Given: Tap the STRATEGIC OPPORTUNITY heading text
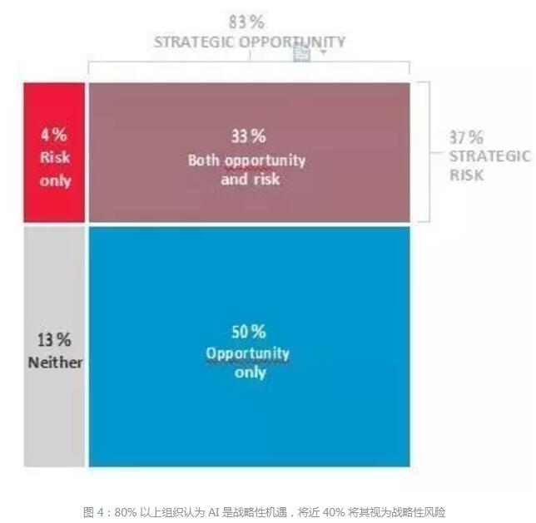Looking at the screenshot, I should click(x=249, y=42).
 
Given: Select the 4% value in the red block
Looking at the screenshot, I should click(x=54, y=134).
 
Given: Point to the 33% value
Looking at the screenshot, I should click(x=248, y=136).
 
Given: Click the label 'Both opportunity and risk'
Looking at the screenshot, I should click(x=247, y=169).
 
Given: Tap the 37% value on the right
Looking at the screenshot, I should click(x=467, y=137).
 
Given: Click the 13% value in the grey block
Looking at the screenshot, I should click(x=54, y=339).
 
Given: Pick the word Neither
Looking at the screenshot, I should click(x=55, y=362).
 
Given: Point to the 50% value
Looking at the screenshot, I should click(x=248, y=332).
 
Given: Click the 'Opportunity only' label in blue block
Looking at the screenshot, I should click(x=248, y=363).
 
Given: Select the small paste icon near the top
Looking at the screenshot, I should click(x=301, y=54).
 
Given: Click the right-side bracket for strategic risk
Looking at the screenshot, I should click(x=426, y=151).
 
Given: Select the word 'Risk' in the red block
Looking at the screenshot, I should click(x=55, y=157).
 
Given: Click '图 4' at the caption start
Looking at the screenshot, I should click(x=94, y=511).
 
